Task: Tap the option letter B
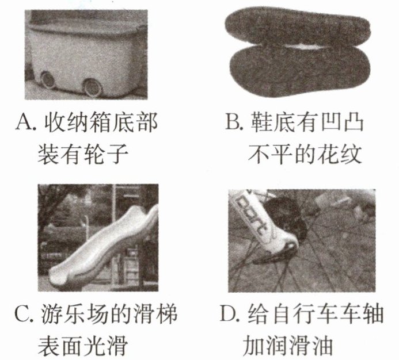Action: [233, 122]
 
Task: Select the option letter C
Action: [24, 314]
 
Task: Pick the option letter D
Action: [229, 314]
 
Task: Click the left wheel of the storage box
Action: [48, 79]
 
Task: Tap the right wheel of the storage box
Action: [92, 87]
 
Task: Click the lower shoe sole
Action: [300, 70]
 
